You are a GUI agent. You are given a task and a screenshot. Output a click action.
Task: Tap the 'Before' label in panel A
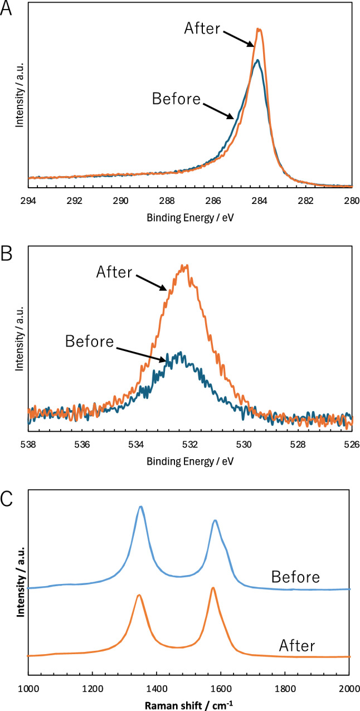point(176,99)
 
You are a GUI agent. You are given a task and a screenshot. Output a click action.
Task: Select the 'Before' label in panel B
point(89,340)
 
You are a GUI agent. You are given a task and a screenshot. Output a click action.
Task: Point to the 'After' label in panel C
point(296,646)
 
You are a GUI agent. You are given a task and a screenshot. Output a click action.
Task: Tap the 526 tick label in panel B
point(351,445)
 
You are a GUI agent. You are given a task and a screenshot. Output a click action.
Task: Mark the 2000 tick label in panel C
point(349,689)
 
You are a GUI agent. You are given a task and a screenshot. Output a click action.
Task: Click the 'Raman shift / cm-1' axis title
point(189,703)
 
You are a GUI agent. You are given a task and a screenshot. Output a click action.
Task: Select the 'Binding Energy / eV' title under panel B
point(189,461)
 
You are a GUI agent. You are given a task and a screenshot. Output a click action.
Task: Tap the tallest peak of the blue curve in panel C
point(141,507)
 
